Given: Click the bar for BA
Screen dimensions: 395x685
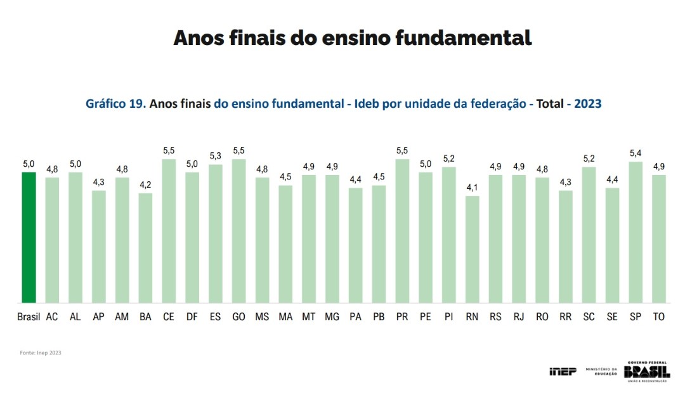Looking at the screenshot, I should pos(145,248).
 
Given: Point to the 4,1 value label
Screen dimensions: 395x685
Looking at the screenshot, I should pos(472,188).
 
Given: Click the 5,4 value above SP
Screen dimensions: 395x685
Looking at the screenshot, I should pos(635,153).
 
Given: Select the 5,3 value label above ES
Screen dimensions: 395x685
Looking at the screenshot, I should pos(215,156).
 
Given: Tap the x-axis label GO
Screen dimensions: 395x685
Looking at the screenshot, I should pos(238,316).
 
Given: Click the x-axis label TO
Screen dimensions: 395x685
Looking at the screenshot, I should pos(658,316).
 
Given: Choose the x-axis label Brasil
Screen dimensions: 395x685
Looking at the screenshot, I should pos(29,316).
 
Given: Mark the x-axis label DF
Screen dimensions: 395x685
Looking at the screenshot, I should pos(192,316).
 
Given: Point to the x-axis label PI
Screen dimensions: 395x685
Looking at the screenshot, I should pos(448,316).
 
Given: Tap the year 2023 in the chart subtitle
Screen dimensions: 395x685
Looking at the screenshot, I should pos(587,103).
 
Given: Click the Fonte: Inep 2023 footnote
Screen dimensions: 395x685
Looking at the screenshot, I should pos(41,353).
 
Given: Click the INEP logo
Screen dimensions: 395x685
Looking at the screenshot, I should pos(563,371).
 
